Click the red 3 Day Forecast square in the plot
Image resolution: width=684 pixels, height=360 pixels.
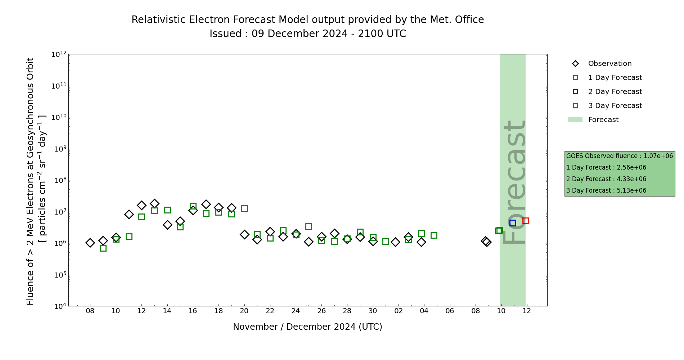526,221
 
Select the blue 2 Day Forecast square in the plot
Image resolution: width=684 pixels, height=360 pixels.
513,223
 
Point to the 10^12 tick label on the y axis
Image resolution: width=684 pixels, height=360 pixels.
59,54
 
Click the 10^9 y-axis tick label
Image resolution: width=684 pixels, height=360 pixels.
59,149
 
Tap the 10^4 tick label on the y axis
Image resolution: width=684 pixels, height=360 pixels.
59,306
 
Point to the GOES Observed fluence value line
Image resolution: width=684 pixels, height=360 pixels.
619,156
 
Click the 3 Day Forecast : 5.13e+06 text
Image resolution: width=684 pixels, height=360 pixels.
606,190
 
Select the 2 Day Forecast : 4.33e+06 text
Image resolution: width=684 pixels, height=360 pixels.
606,179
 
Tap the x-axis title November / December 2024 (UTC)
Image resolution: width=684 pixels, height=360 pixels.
307,327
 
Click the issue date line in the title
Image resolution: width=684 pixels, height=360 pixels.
307,34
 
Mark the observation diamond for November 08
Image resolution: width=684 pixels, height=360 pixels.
90,243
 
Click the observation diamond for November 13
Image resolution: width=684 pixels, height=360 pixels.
154,203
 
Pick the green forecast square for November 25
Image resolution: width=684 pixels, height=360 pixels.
309,226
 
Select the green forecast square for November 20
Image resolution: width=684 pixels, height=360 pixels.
244,208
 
